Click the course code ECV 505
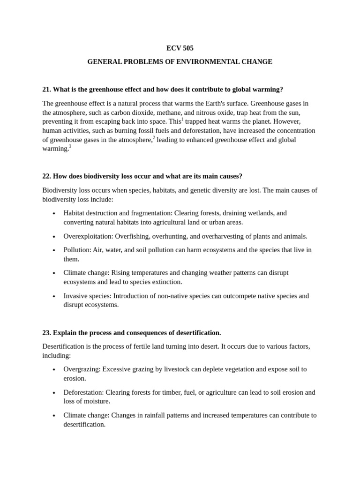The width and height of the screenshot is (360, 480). coord(180,48)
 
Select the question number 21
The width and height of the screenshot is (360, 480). coord(46,90)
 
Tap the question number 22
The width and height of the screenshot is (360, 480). coord(46,176)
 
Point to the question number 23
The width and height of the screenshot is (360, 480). coord(46,333)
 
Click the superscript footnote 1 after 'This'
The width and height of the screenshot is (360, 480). coord(182,119)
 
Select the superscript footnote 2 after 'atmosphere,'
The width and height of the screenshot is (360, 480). coord(154,137)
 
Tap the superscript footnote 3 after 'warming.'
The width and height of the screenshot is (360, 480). coord(70,146)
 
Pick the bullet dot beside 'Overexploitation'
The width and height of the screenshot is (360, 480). coord(54,236)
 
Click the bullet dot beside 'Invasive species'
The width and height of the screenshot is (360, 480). coord(54,296)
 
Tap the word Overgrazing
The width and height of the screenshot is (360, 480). coord(81,369)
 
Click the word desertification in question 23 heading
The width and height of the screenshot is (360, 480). coord(194,333)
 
